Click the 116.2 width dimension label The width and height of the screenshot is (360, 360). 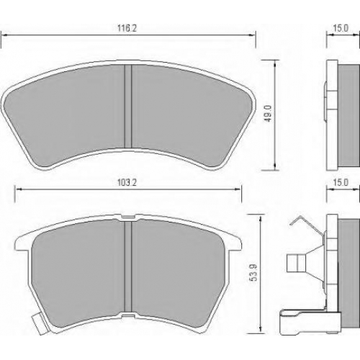(127, 28)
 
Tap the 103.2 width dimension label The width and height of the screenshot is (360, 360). (127, 183)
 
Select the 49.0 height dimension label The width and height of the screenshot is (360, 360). (268, 113)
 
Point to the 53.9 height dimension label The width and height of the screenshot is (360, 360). (253, 272)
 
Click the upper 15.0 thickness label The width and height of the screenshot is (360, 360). (341, 28)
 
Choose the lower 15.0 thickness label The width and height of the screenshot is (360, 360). (341, 183)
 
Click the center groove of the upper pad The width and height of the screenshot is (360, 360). (128, 106)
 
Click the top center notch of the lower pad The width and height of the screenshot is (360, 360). (128, 217)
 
